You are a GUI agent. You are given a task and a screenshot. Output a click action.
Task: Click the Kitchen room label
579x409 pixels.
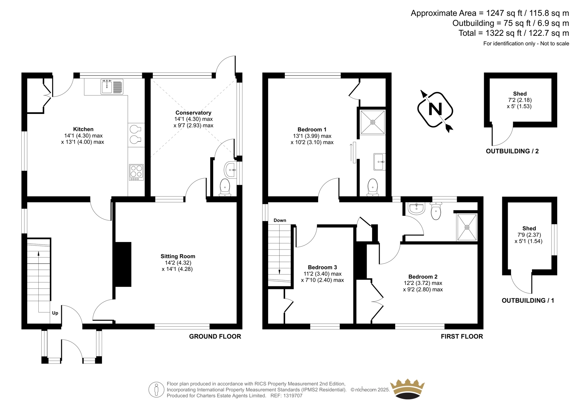(x=83, y=129)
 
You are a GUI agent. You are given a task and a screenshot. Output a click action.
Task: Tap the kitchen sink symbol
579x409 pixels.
(x=112, y=86)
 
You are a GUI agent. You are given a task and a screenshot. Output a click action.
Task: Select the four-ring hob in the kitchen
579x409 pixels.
(x=136, y=172)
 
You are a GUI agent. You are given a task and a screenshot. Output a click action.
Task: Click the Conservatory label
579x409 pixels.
(x=193, y=113)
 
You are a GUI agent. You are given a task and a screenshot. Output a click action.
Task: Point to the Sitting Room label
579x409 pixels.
(x=178, y=256)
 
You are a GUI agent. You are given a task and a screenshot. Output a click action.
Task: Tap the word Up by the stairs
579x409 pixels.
(x=55, y=313)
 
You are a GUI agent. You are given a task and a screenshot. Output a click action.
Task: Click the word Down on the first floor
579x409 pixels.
(x=280, y=220)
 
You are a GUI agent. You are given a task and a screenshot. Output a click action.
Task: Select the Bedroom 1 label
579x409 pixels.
(x=312, y=129)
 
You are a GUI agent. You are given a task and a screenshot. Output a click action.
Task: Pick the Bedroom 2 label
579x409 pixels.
(x=423, y=277)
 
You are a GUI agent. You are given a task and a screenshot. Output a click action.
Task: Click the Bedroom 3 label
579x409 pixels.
(x=322, y=267)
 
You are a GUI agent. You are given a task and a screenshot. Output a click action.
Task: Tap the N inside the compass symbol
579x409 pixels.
(x=435, y=109)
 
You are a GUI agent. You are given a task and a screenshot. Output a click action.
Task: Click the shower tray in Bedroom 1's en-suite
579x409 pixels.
(x=373, y=122)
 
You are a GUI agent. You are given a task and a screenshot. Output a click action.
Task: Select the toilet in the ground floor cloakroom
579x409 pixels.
(x=225, y=188)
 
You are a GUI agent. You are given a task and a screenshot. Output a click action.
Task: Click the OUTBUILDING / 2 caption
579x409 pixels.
(x=512, y=152)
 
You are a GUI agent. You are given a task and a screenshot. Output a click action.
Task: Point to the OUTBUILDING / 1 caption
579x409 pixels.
(x=528, y=301)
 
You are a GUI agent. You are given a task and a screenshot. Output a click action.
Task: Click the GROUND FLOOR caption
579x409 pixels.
(x=215, y=336)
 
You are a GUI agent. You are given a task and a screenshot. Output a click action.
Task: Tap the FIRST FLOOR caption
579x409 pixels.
(x=462, y=336)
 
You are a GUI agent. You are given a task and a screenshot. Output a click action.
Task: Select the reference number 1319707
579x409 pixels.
(x=293, y=396)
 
